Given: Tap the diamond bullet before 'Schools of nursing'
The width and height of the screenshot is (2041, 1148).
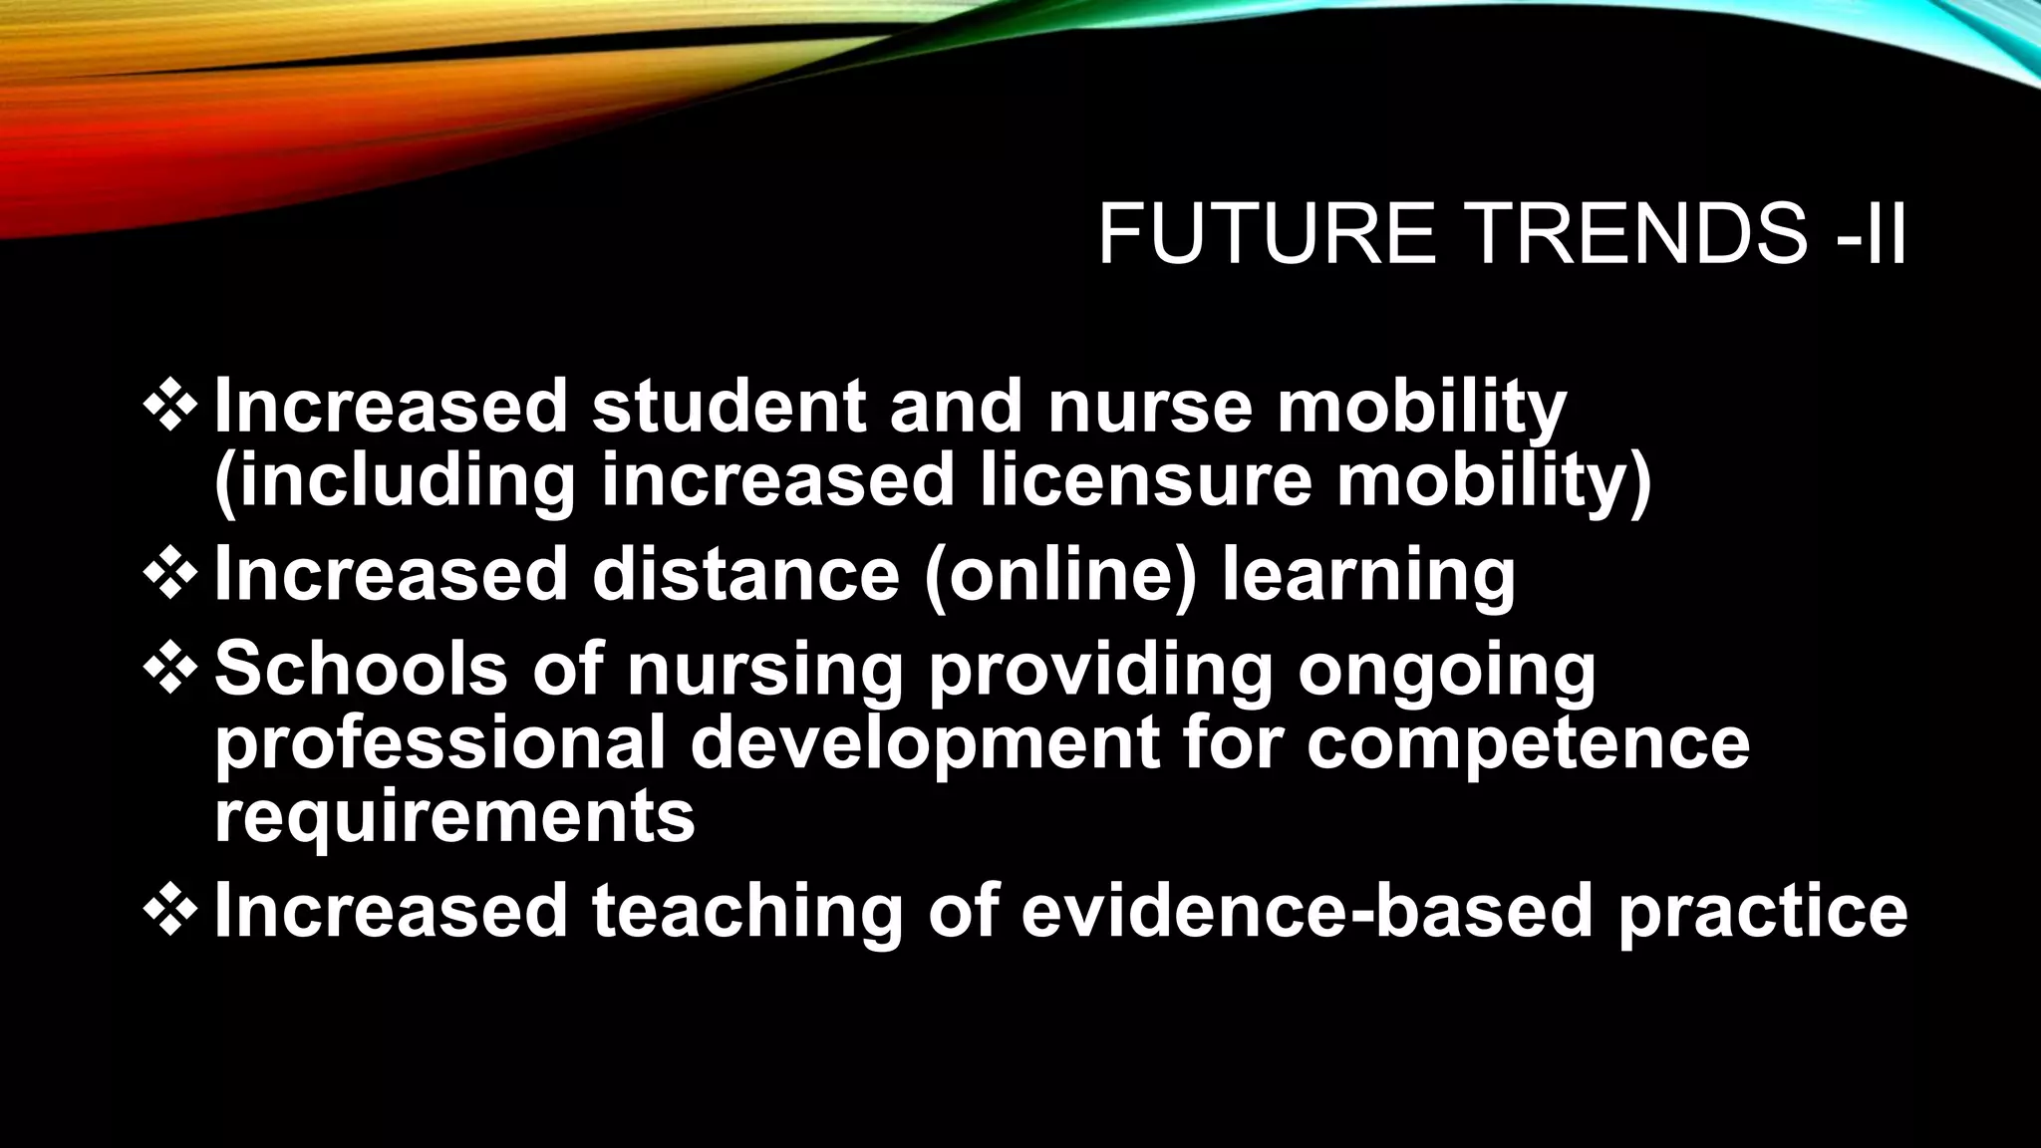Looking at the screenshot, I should pyautogui.click(x=170, y=667).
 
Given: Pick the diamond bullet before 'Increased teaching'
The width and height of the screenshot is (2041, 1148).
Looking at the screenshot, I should pyautogui.click(x=170, y=909).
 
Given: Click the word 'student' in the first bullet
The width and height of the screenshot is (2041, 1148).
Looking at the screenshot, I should pyautogui.click(x=729, y=407).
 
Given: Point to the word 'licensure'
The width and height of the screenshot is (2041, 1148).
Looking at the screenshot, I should pyautogui.click(x=1146, y=480).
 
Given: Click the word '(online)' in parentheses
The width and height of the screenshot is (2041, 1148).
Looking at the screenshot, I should pyautogui.click(x=1060, y=576).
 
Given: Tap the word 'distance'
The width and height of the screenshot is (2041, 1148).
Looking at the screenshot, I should pyautogui.click(x=745, y=574).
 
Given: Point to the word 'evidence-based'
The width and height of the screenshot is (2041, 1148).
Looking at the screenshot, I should pyautogui.click(x=1307, y=910).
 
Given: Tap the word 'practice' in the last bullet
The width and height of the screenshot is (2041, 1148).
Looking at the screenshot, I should pyautogui.click(x=1763, y=912).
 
